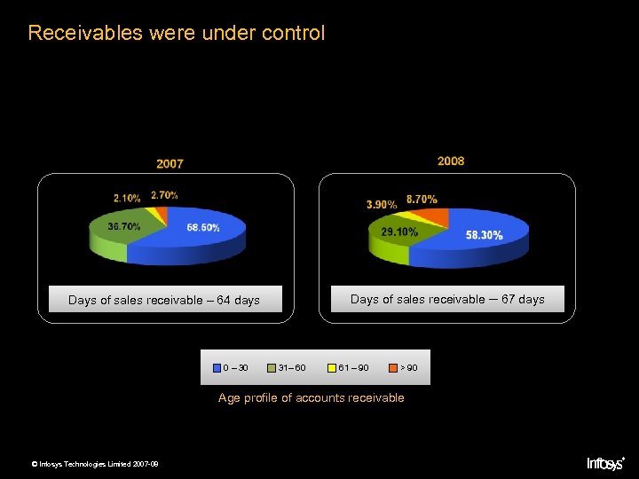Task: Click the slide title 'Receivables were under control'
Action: tap(177, 34)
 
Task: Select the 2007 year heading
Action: tap(170, 164)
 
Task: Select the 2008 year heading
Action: tap(450, 161)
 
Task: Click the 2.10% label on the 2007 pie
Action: tap(127, 197)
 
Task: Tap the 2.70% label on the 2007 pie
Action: tap(164, 195)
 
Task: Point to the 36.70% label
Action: tap(123, 227)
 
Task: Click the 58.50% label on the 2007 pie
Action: tap(203, 228)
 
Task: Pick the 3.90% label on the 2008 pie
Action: tap(382, 205)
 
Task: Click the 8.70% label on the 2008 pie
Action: tap(422, 200)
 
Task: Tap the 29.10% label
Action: tap(399, 232)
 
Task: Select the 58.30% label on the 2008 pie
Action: tap(484, 235)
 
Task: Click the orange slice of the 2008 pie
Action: tap(438, 217)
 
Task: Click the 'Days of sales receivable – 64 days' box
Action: tap(164, 300)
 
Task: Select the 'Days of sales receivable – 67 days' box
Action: tap(447, 299)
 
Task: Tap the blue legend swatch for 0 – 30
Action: tap(217, 367)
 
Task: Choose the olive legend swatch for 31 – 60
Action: tap(272, 367)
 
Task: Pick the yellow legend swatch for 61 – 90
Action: tap(332, 367)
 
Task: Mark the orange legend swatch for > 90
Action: tap(392, 367)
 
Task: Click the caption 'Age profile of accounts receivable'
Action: tap(311, 397)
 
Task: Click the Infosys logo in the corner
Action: tap(606, 462)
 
